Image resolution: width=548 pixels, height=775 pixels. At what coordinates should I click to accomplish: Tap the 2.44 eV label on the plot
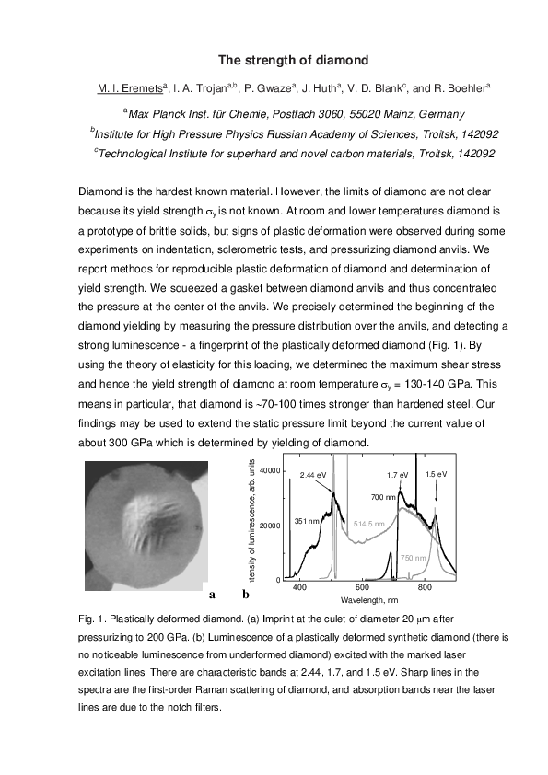tap(314, 474)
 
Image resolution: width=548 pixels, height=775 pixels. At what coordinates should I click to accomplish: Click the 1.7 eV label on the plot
tap(397, 474)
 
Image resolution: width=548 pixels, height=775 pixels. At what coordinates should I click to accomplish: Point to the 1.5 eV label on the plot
tap(437, 474)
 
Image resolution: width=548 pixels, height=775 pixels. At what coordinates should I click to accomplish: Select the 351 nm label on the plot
tap(307, 521)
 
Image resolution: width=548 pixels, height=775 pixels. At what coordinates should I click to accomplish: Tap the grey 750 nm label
tap(414, 558)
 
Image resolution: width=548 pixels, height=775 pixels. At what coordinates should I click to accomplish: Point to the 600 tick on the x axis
tap(361, 587)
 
